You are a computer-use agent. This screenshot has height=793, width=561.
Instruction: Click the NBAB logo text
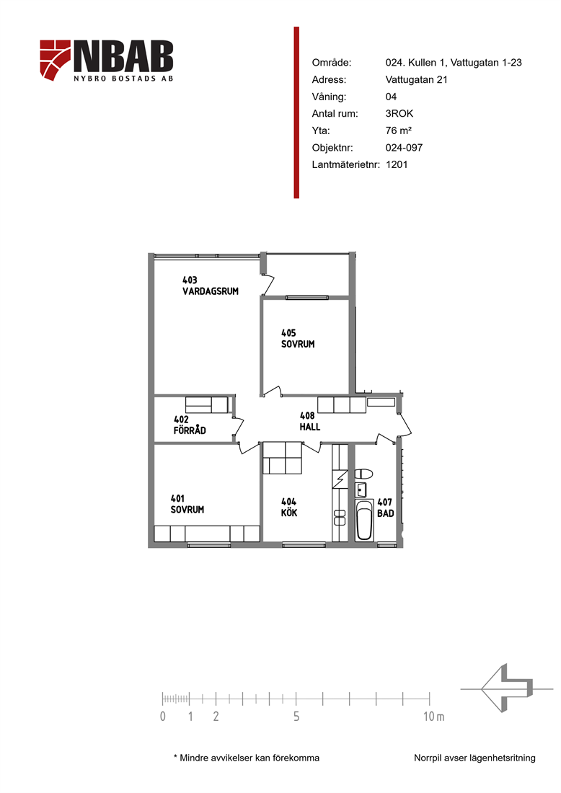click(x=124, y=56)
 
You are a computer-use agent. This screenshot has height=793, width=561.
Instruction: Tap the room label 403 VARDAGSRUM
click(x=211, y=285)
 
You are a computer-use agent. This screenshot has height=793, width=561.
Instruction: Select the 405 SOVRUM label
click(x=298, y=338)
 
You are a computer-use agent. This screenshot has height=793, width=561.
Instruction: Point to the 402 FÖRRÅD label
click(x=190, y=425)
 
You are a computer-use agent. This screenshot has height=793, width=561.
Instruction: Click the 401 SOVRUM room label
click(x=187, y=504)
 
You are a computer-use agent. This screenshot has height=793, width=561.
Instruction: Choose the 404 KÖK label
click(x=289, y=508)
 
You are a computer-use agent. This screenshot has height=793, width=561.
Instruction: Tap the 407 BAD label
click(x=385, y=508)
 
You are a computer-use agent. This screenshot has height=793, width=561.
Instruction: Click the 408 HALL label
click(x=309, y=421)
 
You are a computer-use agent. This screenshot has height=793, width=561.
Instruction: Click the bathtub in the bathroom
click(x=364, y=521)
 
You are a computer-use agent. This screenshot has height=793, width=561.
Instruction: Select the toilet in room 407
click(x=363, y=474)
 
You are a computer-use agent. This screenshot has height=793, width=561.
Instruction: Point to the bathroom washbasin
click(x=361, y=489)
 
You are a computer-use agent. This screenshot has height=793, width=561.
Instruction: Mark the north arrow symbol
click(x=506, y=688)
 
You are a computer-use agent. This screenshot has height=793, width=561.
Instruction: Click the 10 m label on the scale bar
click(x=433, y=716)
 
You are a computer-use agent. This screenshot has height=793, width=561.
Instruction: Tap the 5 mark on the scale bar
click(x=296, y=716)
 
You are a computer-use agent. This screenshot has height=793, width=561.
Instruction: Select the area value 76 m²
click(x=399, y=130)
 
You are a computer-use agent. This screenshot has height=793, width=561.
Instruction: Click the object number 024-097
click(x=404, y=148)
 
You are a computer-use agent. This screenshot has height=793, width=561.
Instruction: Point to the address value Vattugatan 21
click(x=416, y=79)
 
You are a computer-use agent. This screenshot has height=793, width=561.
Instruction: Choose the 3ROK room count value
click(x=399, y=113)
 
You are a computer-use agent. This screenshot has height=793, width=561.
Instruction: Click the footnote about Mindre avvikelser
click(x=247, y=758)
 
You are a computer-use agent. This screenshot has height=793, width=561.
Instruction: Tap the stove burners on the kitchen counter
click(x=340, y=518)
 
